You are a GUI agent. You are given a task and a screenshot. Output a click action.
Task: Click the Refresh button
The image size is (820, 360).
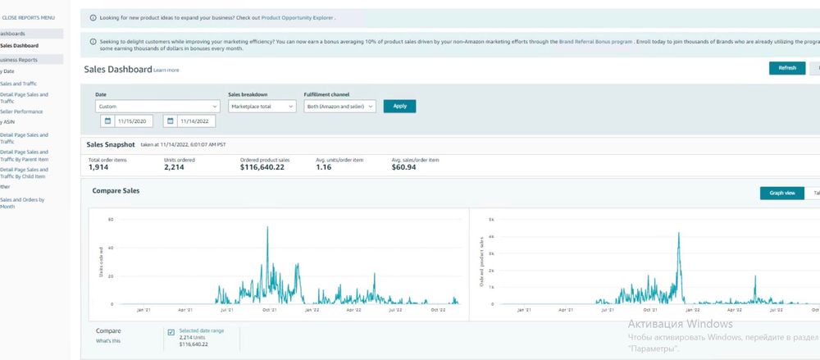(x=786, y=68)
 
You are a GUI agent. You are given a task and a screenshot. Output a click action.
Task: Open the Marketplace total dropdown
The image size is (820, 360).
(x=262, y=106)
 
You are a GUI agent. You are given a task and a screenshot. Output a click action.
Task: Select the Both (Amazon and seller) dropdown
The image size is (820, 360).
(x=339, y=106)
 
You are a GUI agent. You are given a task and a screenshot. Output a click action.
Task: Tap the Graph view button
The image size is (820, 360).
(x=782, y=194)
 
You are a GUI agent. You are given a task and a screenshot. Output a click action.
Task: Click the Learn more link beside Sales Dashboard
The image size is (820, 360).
(x=166, y=71)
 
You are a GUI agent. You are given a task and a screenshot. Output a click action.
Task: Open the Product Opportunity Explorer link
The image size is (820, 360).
(x=298, y=16)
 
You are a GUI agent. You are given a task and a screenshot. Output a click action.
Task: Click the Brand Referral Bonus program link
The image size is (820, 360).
(x=595, y=40)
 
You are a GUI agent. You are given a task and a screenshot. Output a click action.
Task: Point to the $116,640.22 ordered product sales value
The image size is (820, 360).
(x=262, y=167)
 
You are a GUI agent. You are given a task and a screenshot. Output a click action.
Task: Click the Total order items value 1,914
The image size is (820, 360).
(x=99, y=167)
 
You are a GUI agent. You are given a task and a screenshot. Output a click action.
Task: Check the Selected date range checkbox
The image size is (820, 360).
(x=171, y=332)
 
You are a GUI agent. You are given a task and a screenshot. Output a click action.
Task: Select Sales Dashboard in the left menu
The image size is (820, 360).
(x=20, y=46)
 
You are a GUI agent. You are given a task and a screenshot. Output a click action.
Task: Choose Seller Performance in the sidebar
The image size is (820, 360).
(x=21, y=112)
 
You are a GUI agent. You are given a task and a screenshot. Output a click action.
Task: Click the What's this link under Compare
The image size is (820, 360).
(x=108, y=340)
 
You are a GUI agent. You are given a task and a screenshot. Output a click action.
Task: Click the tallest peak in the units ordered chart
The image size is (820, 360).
(x=267, y=228)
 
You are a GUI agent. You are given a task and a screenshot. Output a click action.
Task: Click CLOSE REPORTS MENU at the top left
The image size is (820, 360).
(x=29, y=16)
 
